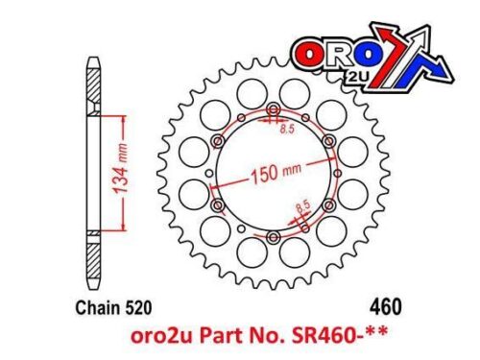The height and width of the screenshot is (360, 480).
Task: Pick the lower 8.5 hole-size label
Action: click(302, 205)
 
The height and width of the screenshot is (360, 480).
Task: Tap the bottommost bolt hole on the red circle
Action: click(276, 237)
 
